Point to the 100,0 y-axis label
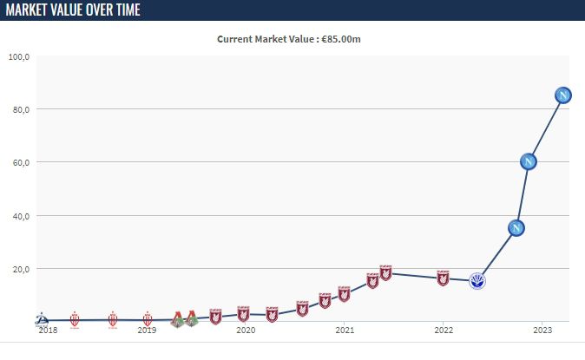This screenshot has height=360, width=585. point(19,57)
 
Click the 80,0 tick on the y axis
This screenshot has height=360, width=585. point(21,110)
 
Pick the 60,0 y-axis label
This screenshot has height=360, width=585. point(21,163)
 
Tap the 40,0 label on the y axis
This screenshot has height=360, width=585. point(21,216)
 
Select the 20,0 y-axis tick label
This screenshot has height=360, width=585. point(21,269)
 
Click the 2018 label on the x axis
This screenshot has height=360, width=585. point(48,331)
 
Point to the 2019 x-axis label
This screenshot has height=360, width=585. point(147,331)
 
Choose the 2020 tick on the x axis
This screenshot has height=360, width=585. point(246,331)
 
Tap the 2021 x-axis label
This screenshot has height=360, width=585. point(345,331)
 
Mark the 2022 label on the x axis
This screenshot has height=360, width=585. point(444,331)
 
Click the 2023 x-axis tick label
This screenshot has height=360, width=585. point(542,331)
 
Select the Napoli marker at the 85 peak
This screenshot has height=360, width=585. point(562,95)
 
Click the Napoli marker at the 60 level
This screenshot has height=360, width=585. point(528,161)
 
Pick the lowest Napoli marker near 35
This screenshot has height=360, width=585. point(516,228)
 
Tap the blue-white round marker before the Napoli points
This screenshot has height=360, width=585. point(477,280)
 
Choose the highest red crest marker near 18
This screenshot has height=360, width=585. point(385,272)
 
